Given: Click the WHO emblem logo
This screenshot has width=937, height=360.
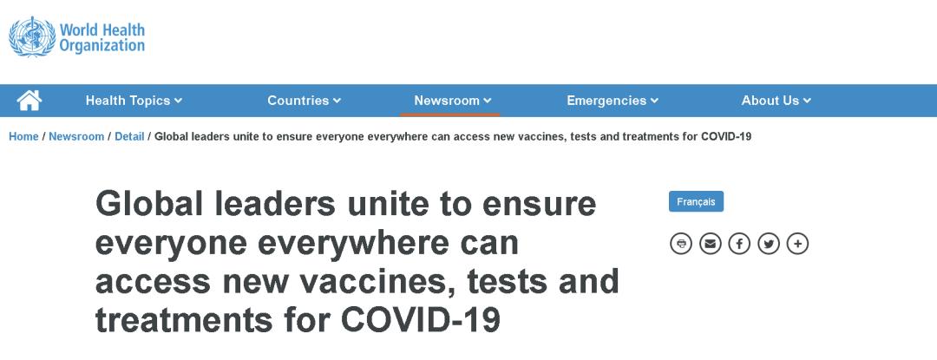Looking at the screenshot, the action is (x=32, y=37).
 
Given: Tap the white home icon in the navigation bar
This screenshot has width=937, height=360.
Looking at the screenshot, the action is (x=29, y=101).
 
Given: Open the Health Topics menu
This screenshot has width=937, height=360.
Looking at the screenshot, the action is (x=134, y=101).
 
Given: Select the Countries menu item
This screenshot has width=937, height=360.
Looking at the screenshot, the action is (x=304, y=101).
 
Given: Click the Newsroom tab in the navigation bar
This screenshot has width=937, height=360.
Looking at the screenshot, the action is (x=452, y=101).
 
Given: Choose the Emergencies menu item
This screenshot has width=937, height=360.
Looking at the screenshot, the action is (x=612, y=101).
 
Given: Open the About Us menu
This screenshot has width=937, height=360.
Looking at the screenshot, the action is (x=776, y=101).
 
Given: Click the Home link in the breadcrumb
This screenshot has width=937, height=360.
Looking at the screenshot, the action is (x=24, y=137).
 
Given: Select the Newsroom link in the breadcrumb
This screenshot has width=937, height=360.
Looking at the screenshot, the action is (x=76, y=137).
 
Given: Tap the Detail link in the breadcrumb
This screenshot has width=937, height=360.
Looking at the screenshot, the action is (x=129, y=137).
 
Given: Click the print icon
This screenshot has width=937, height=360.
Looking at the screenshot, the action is (x=681, y=244).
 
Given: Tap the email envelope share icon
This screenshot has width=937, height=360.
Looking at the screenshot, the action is (x=710, y=244).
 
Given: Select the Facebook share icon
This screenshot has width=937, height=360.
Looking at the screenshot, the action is (x=739, y=244).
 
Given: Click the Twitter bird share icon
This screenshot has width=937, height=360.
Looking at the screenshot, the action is (x=769, y=244).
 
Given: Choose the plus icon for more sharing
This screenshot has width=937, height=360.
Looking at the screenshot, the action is (x=798, y=244).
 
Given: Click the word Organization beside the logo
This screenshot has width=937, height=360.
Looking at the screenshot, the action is (x=102, y=45).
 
